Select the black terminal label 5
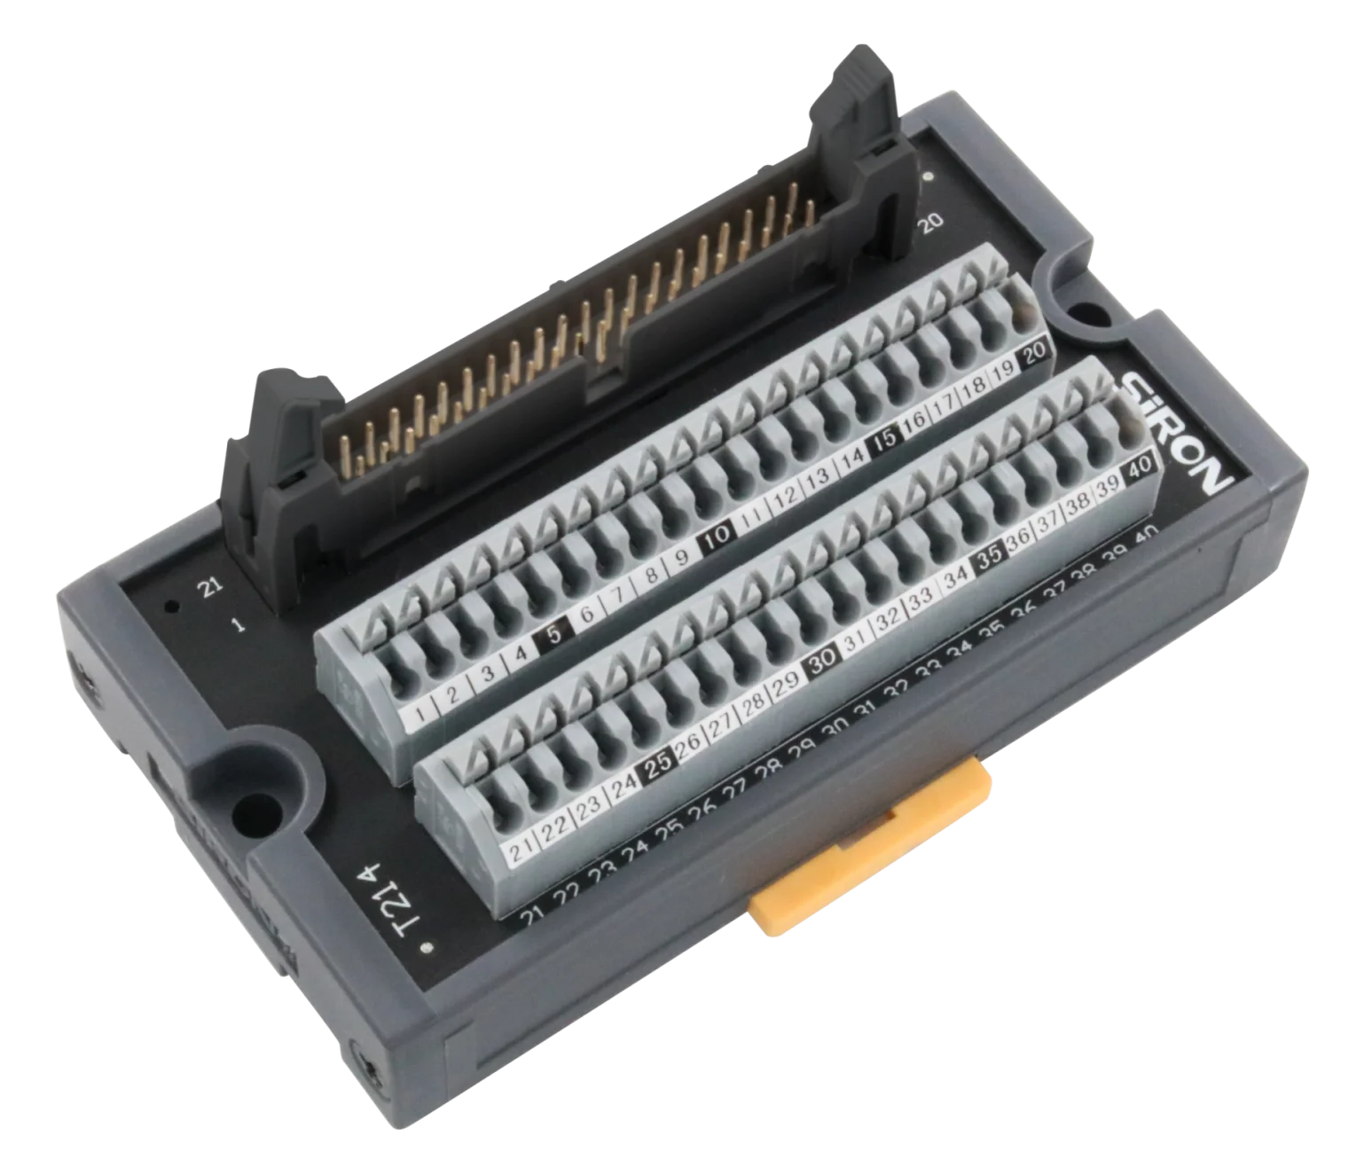[x=555, y=632]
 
